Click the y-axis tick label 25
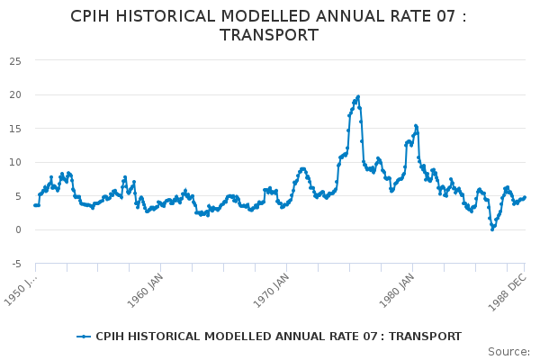(15, 61)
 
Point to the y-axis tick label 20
(15, 94)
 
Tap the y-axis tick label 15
(15, 129)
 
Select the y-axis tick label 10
(15, 162)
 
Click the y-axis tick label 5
(18, 196)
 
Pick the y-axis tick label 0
(18, 229)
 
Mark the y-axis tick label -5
(16, 264)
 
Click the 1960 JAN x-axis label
(145, 291)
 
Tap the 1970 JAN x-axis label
(271, 291)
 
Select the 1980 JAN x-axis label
(397, 291)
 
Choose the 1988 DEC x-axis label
(508, 292)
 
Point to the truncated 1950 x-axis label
(21, 290)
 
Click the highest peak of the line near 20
(358, 97)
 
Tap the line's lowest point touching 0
(492, 229)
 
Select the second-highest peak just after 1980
(416, 126)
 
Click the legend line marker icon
(84, 337)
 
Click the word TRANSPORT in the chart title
(269, 35)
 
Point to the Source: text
(509, 352)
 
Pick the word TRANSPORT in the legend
(425, 337)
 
